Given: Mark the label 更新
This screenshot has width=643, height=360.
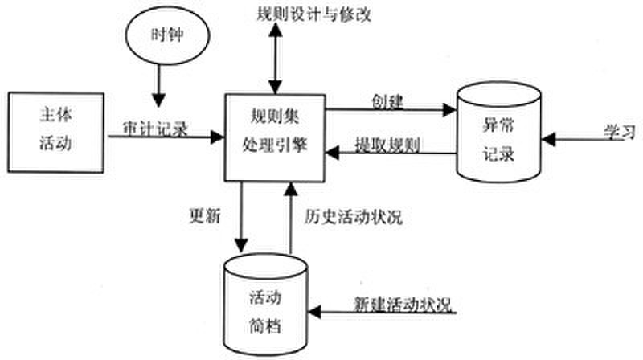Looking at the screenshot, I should click(x=203, y=216).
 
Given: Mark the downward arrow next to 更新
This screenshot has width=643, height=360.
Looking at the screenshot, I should click(x=240, y=216).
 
